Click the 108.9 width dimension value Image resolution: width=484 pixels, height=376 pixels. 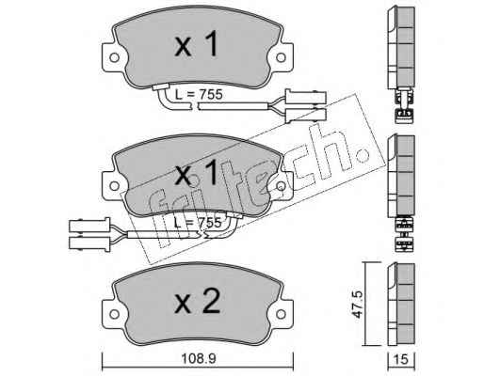click(x=199, y=359)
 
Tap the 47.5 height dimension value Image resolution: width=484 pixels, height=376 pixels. click(x=358, y=305)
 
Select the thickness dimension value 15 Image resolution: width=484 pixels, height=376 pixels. click(x=401, y=360)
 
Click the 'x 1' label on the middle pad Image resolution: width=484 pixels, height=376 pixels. click(x=196, y=173)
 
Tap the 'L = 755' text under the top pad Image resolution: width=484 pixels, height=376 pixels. click(x=199, y=95)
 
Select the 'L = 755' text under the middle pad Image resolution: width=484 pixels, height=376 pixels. click(x=198, y=223)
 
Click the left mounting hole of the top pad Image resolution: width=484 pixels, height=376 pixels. click(x=114, y=57)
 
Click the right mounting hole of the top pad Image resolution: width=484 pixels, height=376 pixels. click(x=281, y=57)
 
